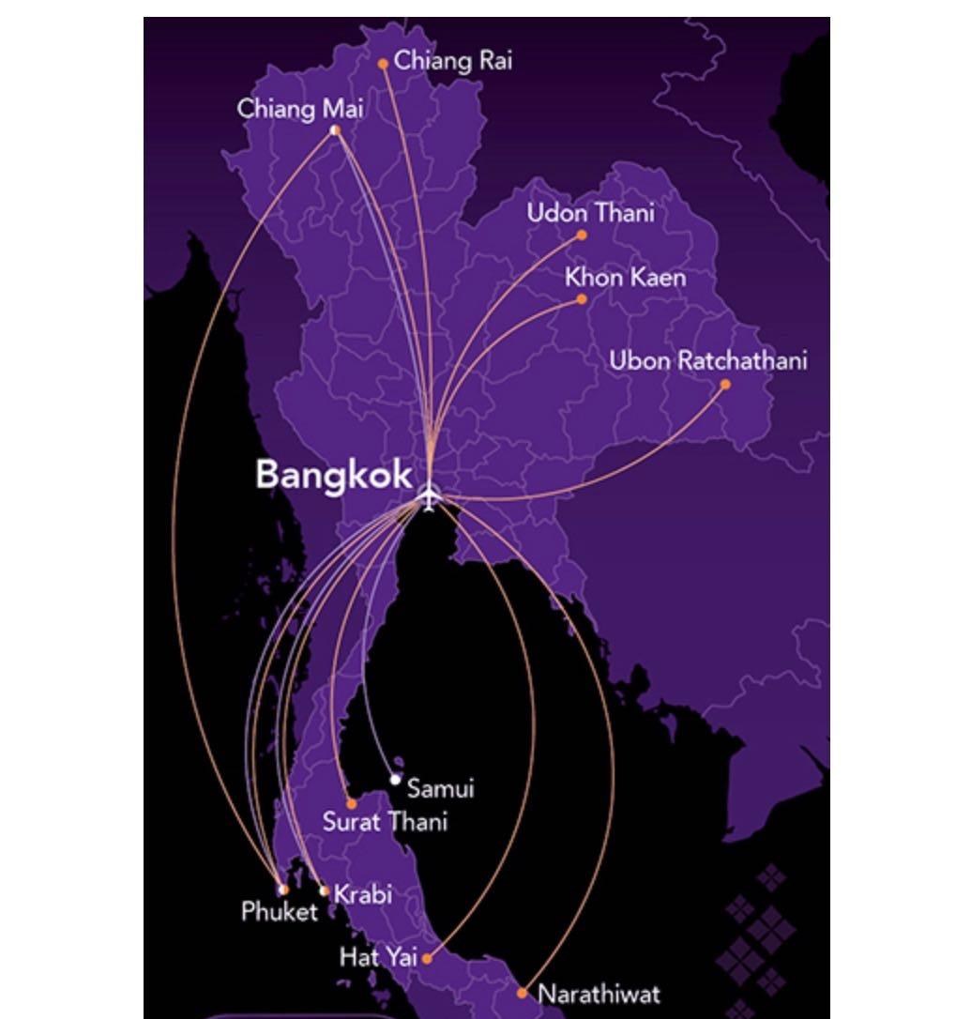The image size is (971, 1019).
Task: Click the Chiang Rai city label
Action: point(453,61)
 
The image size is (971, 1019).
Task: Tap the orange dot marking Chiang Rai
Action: point(383,64)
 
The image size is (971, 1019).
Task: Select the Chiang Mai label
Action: point(300,109)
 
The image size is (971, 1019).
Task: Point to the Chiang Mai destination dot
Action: point(335,130)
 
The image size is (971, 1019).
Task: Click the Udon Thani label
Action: point(590,213)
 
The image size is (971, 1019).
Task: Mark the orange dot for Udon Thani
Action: point(582,236)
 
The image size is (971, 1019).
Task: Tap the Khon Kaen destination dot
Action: point(582,299)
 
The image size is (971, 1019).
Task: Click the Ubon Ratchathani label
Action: point(708,361)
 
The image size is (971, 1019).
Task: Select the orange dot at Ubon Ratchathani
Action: point(725,384)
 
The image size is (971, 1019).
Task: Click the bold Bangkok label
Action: point(334,475)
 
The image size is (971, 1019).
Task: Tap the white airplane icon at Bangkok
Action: point(429,497)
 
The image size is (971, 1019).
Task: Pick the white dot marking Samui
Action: point(396,780)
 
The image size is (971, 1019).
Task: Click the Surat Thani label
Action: point(385,822)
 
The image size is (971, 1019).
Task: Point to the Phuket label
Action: point(280,911)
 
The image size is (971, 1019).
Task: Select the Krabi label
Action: point(363,894)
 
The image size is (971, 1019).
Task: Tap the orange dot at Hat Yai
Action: point(427,958)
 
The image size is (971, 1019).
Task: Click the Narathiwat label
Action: point(599,994)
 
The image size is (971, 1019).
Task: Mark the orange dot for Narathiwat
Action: point(523,993)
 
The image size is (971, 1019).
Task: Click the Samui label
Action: point(441,788)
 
